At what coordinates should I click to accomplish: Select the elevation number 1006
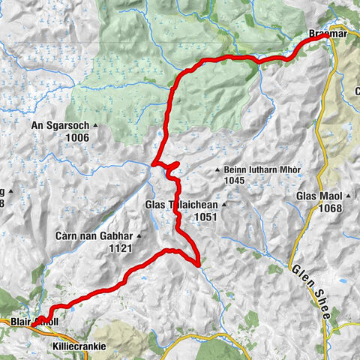click(76, 138)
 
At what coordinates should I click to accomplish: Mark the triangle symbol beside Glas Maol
click(349, 196)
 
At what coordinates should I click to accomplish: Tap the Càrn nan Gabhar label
click(91, 235)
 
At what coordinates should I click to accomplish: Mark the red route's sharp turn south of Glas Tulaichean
click(198, 264)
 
